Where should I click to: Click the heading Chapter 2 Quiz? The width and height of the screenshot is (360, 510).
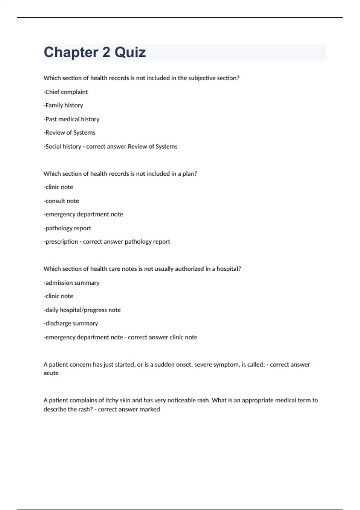tap(95, 52)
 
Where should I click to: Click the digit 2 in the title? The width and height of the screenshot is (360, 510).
tap(106, 52)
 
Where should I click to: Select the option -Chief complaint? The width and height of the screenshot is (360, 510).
tap(66, 92)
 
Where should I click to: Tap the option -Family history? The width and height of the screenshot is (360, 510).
tap(63, 105)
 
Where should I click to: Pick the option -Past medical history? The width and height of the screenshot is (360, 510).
tap(71, 119)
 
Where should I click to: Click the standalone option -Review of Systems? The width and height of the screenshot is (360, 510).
tap(69, 133)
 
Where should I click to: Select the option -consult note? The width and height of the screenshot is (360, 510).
tap(61, 201)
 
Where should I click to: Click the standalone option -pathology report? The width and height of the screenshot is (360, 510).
tap(67, 228)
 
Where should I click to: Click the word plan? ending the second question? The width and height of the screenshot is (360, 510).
tap(190, 174)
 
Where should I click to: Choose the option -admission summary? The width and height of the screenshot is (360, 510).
tap(71, 283)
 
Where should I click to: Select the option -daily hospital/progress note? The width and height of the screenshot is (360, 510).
tap(82, 310)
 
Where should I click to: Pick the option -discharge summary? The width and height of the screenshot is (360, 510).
tap(71, 323)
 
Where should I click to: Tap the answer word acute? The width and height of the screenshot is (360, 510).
tap(51, 373)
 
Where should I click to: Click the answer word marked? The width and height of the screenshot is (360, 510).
tap(149, 409)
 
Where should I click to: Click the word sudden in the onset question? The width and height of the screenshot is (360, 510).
tap(163, 364)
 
